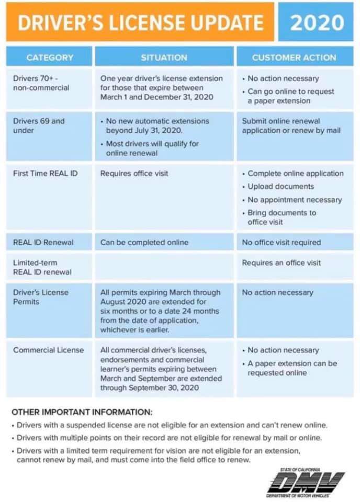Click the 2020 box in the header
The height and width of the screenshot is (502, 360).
coord(317,22)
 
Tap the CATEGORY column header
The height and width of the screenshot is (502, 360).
coord(50,58)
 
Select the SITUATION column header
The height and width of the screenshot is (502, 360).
coord(164,58)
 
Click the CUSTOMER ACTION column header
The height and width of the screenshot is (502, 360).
coord(294,58)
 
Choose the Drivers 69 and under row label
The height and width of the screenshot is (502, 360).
coord(39,125)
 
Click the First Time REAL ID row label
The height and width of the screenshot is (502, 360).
coord(45,173)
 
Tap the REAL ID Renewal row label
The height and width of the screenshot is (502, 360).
coord(43,242)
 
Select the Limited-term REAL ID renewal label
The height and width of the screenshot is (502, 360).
coord(42,267)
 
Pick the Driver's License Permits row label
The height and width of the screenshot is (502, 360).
coord(41,297)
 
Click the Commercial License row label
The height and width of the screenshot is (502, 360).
coord(48,350)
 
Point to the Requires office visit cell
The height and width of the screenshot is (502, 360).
coord(134,173)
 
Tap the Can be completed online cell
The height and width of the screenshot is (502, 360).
coord(144,242)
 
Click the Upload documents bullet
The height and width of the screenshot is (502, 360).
coord(280,186)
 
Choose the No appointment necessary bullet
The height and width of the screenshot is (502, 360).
coord(295,200)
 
